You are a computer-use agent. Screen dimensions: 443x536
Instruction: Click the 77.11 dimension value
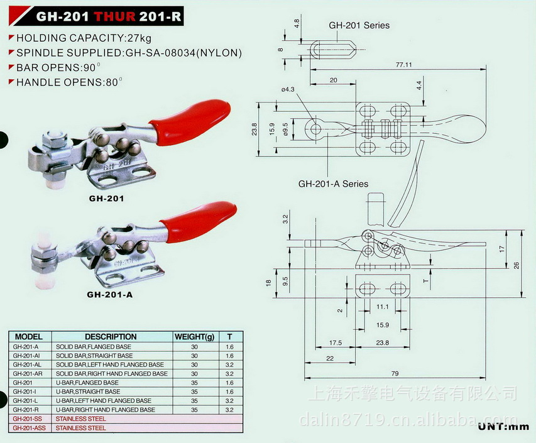click(403, 64)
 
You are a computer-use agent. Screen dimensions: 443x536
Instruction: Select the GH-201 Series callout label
click(359, 26)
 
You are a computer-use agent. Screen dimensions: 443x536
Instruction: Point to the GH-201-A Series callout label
click(333, 184)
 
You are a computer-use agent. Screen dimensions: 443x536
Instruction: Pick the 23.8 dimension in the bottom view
click(382, 343)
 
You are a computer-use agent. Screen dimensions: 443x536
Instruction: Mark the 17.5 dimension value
click(336, 343)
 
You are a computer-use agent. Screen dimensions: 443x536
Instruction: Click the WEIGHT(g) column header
click(194, 337)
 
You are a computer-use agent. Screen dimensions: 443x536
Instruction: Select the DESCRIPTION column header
click(111, 337)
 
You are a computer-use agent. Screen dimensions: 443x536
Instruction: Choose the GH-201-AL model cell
click(28, 364)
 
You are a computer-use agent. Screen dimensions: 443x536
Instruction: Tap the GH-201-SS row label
click(28, 418)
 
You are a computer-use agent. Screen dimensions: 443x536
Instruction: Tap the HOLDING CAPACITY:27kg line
click(75, 38)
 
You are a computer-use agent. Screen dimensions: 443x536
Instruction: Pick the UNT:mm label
click(505, 427)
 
